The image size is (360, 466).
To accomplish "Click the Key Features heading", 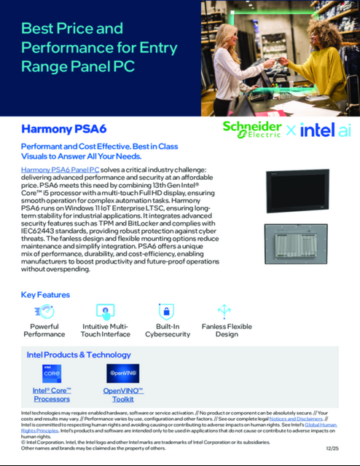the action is (x=45, y=295).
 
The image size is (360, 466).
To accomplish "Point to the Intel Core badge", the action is (x=51, y=374).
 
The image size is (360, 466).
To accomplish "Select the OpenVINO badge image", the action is (x=122, y=374).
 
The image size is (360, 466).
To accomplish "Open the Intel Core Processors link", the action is (x=51, y=395).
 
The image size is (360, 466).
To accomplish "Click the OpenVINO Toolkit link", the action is (x=123, y=395).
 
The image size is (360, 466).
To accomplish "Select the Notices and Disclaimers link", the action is (x=297, y=419).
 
